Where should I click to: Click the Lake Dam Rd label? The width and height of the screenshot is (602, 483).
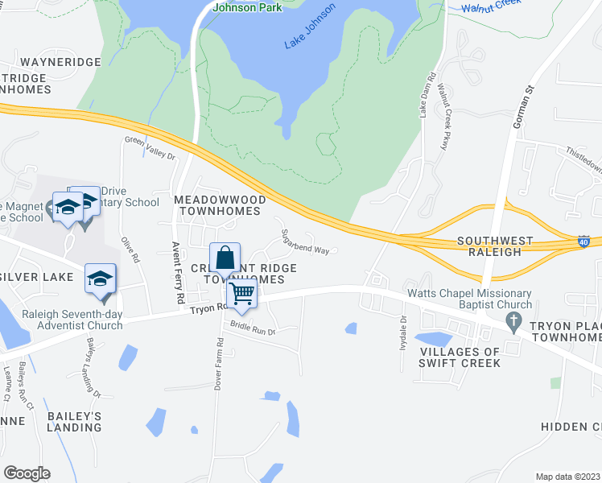(x=427, y=96)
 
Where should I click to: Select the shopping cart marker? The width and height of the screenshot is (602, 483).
(x=241, y=293)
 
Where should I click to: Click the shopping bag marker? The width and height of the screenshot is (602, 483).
(x=226, y=258)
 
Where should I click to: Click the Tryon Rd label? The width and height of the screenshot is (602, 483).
(x=206, y=308)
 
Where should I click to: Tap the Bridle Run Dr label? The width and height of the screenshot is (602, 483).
(x=253, y=328)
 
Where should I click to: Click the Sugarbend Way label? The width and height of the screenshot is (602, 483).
(x=305, y=242)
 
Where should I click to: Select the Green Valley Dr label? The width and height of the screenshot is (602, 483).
(x=150, y=148)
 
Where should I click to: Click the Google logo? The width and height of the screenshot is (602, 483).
(x=27, y=473)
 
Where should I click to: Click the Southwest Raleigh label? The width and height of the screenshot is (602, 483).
(x=495, y=247)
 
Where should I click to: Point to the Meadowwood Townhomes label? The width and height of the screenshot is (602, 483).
(x=219, y=204)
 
